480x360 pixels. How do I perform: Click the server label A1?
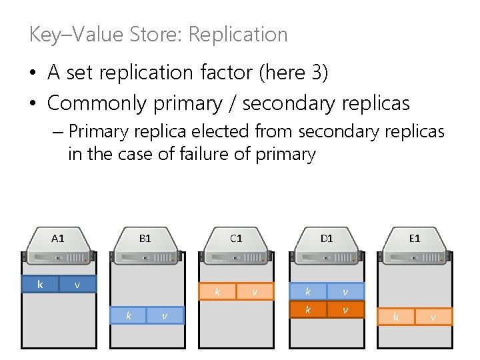[x=58, y=238]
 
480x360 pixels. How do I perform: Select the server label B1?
[x=145, y=238]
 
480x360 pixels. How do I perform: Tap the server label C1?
[x=236, y=238]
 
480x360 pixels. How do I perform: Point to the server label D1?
[x=327, y=238]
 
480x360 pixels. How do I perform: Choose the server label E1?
[x=415, y=238]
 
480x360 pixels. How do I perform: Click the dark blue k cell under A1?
[x=40, y=285]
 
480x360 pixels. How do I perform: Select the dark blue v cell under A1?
[x=77, y=285]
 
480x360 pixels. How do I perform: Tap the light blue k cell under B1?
[x=129, y=315]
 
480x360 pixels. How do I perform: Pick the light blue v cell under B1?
[x=165, y=315]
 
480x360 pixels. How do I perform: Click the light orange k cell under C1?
[x=217, y=291]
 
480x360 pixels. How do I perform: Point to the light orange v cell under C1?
[x=254, y=291]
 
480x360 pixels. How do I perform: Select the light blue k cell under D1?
[x=307, y=291]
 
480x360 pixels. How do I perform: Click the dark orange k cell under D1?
[x=307, y=309]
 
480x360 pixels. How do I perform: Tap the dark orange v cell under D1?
[x=345, y=309]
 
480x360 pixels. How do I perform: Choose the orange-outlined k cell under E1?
[x=396, y=317]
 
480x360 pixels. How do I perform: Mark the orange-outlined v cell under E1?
[x=433, y=317]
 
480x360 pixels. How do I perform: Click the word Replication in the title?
[x=238, y=35]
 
